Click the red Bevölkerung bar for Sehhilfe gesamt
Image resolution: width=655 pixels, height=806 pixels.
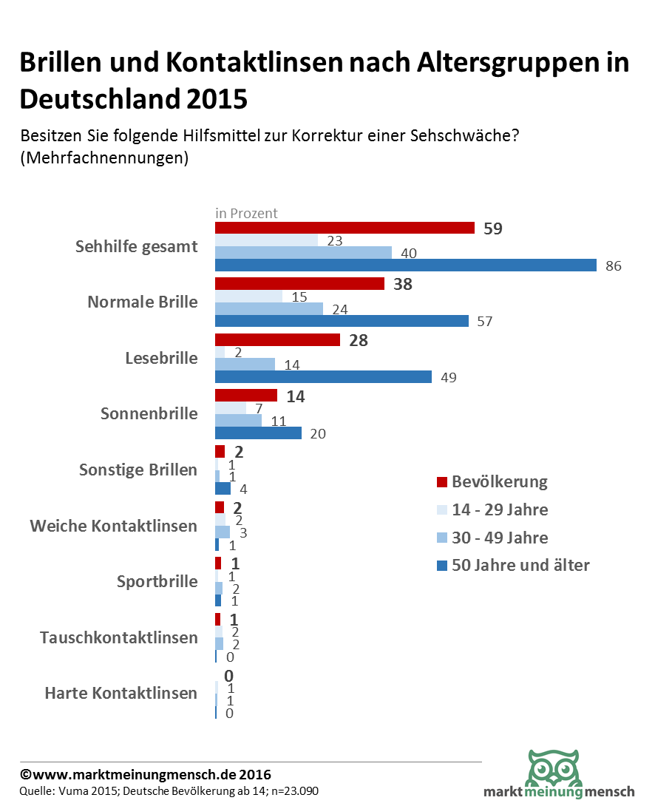345,228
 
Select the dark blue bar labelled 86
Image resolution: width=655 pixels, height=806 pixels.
405,265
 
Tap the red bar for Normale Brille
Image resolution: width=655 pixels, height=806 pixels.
299,283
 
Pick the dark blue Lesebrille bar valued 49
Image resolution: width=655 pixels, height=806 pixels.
323,376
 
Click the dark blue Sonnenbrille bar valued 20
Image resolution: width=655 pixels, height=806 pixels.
258,433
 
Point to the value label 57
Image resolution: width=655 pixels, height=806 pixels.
485,322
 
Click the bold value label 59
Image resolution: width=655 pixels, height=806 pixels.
493,228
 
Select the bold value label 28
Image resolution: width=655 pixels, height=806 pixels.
359,340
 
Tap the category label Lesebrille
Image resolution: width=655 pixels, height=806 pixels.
162,358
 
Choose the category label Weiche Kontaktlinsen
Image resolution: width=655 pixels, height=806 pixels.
114,526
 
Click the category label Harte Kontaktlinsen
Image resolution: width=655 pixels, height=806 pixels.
121,693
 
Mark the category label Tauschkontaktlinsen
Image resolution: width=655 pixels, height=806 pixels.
119,637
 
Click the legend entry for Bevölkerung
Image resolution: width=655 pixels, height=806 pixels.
499,482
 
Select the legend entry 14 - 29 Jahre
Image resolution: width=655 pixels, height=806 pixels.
500,509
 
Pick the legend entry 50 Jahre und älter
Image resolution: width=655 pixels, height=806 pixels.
520,566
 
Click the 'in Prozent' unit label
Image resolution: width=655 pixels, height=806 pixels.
246,213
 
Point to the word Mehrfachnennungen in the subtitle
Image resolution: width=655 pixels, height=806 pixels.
103,158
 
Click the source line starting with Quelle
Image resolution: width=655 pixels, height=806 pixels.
169,791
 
